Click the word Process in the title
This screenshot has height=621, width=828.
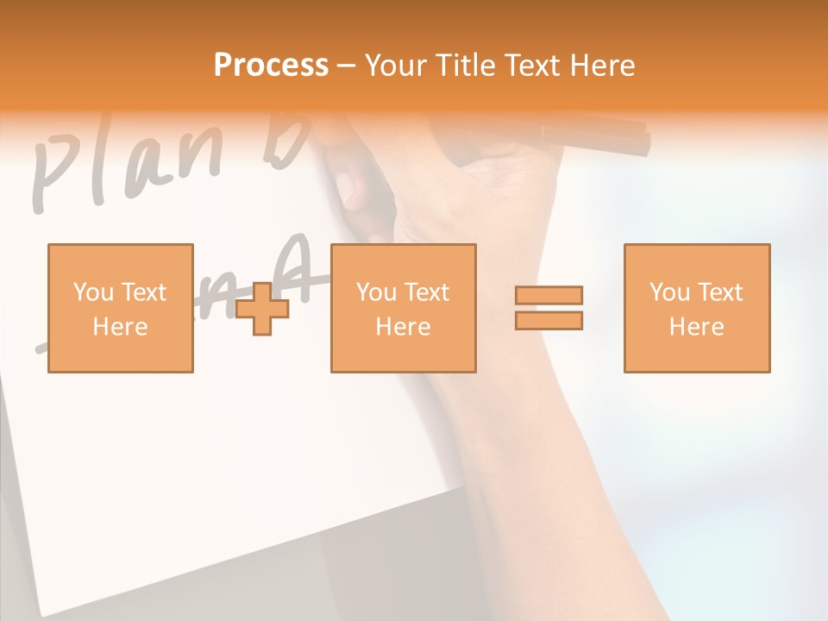pyautogui.click(x=271, y=66)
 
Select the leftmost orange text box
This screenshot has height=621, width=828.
pyautogui.click(x=121, y=308)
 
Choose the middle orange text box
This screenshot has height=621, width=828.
pyautogui.click(x=403, y=308)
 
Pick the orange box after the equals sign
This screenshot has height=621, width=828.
pyautogui.click(x=696, y=308)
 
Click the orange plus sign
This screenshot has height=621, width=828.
pyautogui.click(x=263, y=309)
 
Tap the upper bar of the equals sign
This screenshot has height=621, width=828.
pyautogui.click(x=549, y=295)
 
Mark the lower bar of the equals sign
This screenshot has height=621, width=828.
pyautogui.click(x=549, y=321)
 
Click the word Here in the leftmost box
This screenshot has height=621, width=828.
pyautogui.click(x=120, y=327)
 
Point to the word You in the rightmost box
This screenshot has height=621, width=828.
pyautogui.click(x=669, y=292)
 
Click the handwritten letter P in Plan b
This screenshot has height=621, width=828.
pyautogui.click(x=53, y=177)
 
